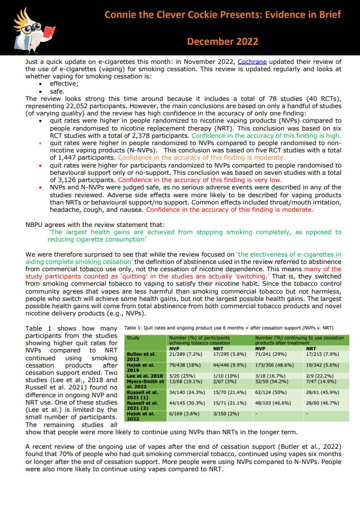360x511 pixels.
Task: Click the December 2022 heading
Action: (222, 41)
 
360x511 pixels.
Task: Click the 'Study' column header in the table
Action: (133, 338)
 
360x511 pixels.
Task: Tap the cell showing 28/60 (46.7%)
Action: (322, 405)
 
